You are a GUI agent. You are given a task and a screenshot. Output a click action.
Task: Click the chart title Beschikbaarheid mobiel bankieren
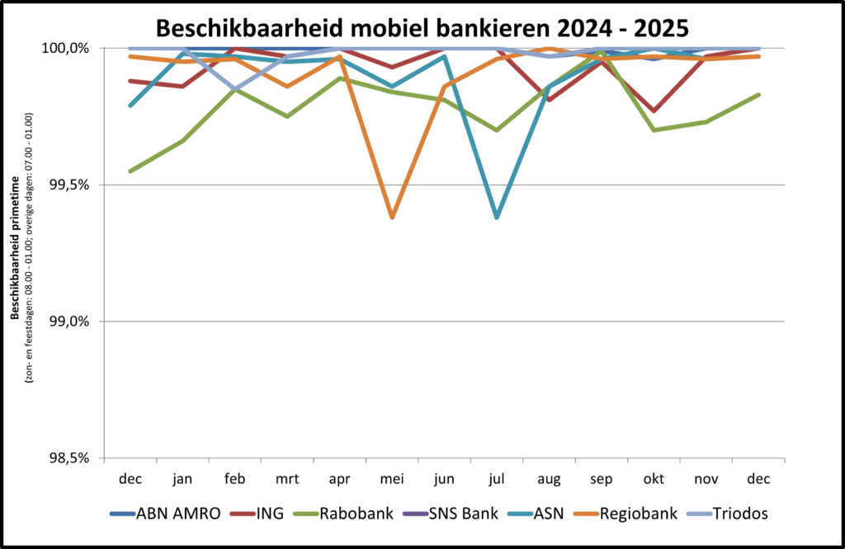[422, 28]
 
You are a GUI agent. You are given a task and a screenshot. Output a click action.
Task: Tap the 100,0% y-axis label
[65, 49]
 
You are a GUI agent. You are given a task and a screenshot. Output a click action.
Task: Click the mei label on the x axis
[392, 478]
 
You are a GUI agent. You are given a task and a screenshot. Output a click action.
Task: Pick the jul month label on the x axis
[496, 478]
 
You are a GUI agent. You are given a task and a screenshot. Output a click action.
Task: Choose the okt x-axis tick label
[653, 478]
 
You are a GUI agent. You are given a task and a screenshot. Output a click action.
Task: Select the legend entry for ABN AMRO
[165, 514]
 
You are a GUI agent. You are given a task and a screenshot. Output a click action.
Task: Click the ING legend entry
[257, 514]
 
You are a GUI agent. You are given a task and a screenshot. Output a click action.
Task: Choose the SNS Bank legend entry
[450, 514]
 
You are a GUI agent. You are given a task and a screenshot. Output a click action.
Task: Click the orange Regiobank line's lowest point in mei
[392, 218]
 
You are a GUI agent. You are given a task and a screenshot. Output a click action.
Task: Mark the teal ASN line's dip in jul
[496, 218]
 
